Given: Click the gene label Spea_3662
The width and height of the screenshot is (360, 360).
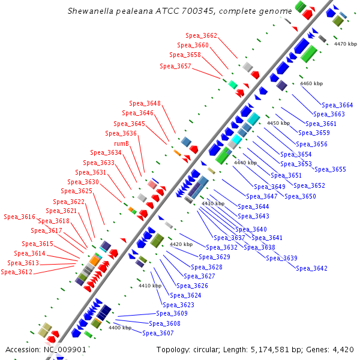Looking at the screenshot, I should click(x=201, y=36).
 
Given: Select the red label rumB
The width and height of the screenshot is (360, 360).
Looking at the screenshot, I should click(x=122, y=143).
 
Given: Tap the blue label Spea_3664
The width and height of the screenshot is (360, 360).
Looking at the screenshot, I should click(x=337, y=105).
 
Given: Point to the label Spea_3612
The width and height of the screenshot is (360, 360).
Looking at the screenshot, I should click(x=16, y=272).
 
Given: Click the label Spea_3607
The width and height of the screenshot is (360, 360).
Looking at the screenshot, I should click(x=158, y=333).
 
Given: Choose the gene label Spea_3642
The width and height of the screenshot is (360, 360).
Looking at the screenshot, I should click(x=312, y=268).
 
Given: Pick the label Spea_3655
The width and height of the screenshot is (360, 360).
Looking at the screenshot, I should click(x=330, y=169).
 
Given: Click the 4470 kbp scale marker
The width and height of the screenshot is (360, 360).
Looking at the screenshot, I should click(x=345, y=44).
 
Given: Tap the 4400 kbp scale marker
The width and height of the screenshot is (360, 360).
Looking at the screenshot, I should click(x=119, y=328).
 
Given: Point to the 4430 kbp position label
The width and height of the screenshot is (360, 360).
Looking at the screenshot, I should click(x=212, y=204).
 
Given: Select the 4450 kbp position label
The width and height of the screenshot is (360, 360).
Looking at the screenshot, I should click(x=278, y=123).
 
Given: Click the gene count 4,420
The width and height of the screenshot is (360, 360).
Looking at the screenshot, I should click(x=342, y=349).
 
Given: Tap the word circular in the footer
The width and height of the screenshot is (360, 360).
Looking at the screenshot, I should click(x=213, y=349).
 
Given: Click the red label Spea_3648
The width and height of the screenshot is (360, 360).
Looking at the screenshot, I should click(x=145, y=103).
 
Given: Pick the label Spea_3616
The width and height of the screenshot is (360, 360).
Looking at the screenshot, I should click(x=20, y=217).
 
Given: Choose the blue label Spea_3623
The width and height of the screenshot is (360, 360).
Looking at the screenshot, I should click(x=178, y=305).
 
